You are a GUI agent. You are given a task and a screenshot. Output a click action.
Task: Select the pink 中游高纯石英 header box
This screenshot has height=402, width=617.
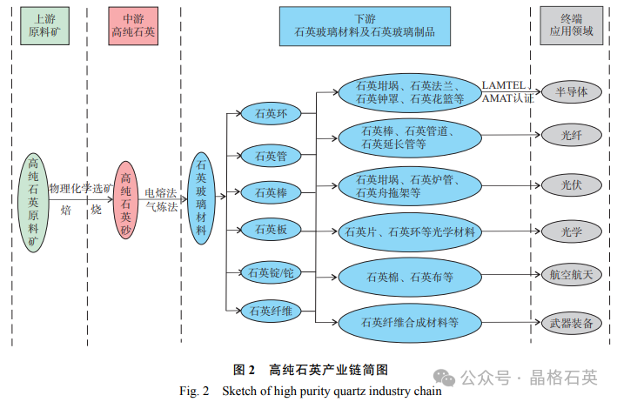pyautogui.click(x=132, y=24)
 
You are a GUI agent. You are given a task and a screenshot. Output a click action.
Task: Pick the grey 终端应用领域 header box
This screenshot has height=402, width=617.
pyautogui.click(x=570, y=24)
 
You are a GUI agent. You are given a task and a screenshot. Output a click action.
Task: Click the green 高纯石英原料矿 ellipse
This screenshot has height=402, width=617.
pyautogui.click(x=34, y=202)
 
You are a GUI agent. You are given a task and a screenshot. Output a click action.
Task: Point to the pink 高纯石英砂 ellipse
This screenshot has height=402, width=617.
pyautogui.click(x=128, y=201)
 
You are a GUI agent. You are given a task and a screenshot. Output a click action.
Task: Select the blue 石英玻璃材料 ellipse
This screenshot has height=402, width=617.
pyautogui.click(x=202, y=197)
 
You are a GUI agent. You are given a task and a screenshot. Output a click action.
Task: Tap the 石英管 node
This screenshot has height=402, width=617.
pyautogui.click(x=271, y=157)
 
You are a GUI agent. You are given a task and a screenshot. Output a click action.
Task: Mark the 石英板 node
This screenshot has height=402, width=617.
pyautogui.click(x=271, y=230)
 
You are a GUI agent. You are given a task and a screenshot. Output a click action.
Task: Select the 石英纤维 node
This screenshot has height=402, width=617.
pyautogui.click(x=271, y=311)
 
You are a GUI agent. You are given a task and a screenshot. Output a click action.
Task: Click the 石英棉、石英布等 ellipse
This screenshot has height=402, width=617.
pyautogui.click(x=408, y=278)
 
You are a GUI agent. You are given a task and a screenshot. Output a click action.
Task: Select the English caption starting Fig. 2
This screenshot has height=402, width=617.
pyautogui.click(x=310, y=391)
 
